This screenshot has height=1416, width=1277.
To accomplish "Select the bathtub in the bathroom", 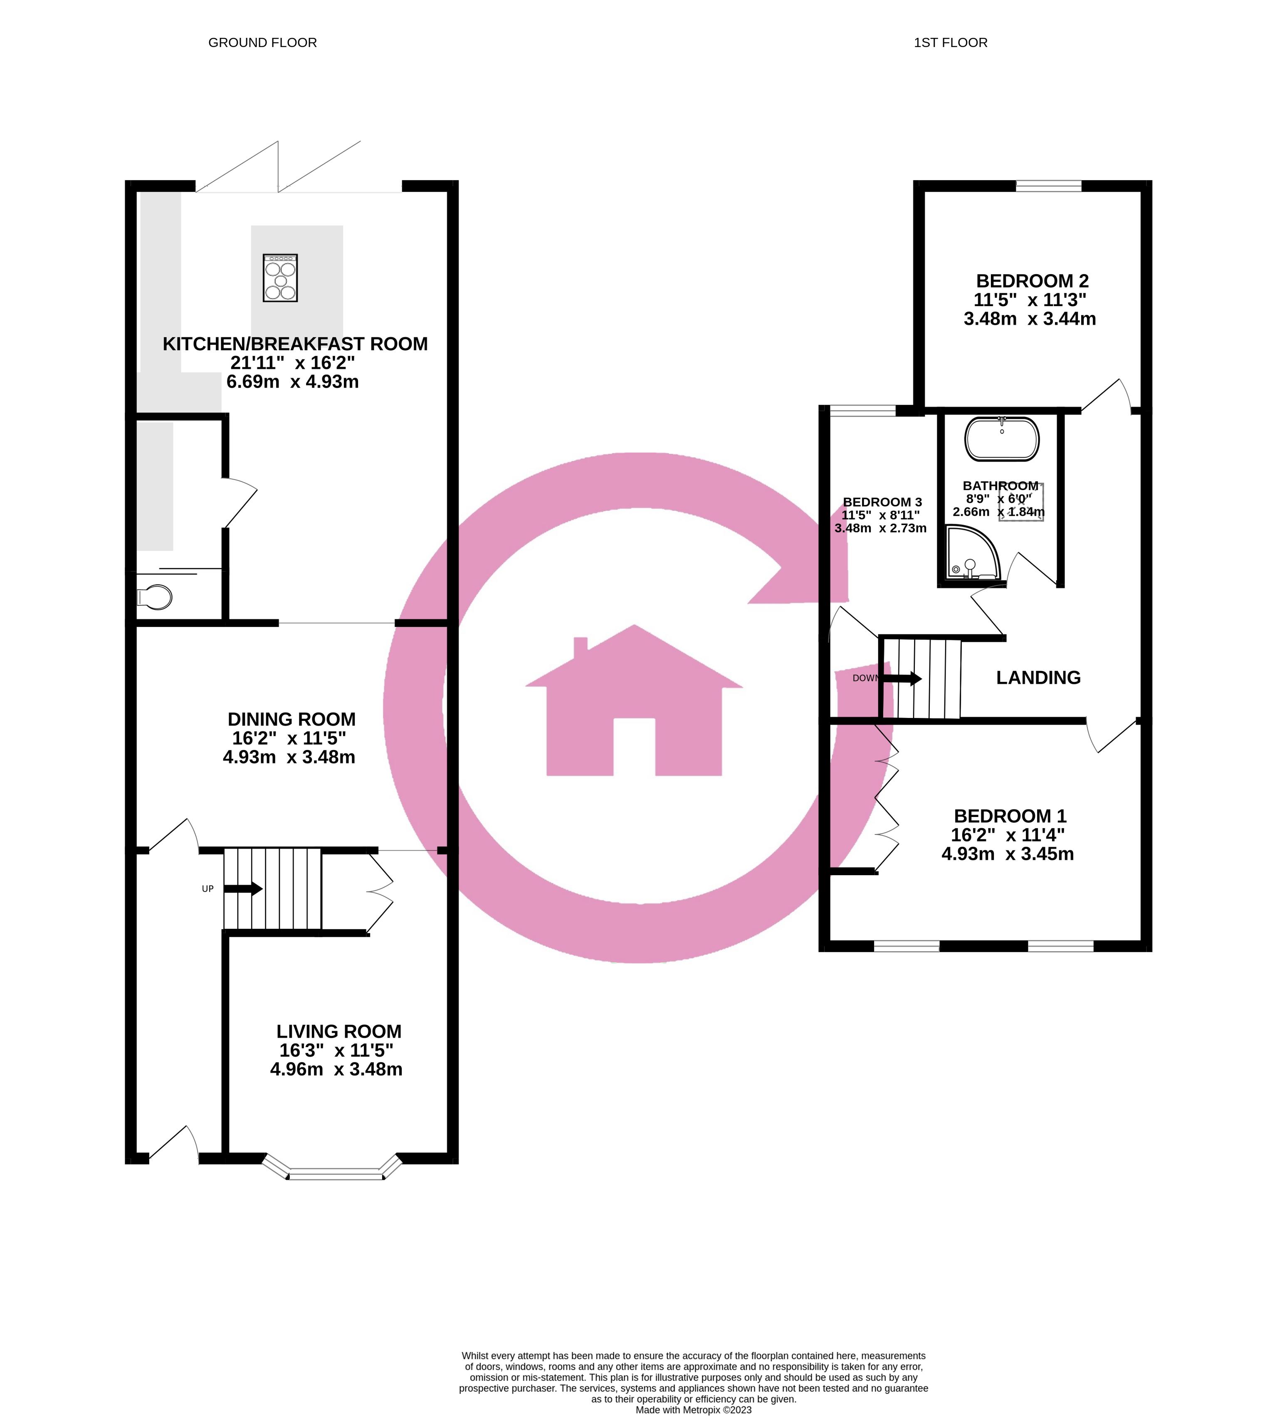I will [x=1002, y=439].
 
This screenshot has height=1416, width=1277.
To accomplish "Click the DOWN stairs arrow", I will [x=902, y=678].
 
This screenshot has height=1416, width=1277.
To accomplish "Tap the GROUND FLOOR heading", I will [x=262, y=43].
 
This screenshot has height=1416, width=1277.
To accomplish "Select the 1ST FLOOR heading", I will [x=950, y=43].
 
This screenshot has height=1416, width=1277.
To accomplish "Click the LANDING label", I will [x=1038, y=678].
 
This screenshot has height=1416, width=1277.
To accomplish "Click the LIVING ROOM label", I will [x=339, y=1031].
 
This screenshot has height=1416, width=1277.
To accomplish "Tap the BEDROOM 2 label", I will [x=1032, y=281].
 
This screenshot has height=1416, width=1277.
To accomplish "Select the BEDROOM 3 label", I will [x=882, y=502].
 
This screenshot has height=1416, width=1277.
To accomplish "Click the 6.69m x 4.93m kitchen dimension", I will [x=293, y=382].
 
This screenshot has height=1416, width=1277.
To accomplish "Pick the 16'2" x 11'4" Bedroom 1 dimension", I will [x=1008, y=835].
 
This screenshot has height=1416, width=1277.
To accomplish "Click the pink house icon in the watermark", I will [x=634, y=702].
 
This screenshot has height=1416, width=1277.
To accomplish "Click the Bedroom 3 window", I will [x=863, y=411].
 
